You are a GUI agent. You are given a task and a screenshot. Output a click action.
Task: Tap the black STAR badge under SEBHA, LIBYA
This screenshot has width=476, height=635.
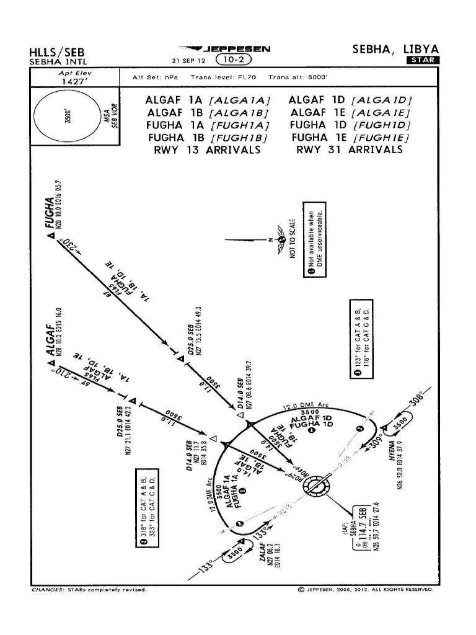pyautogui.click(x=423, y=60)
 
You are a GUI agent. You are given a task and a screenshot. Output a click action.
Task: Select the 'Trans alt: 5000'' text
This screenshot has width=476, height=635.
pyautogui.click(x=297, y=78)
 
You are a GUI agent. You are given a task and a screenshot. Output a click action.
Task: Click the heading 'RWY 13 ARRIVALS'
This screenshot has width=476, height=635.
pyautogui.click(x=206, y=150)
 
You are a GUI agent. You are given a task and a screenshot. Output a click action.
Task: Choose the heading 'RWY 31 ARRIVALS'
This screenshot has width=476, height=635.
pyautogui.click(x=350, y=150)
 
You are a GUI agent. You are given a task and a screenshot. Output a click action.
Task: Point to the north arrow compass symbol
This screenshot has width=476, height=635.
pyautogui.click(x=281, y=239)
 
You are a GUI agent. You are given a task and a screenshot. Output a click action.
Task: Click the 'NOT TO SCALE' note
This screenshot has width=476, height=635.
pyautogui.click(x=293, y=239)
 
